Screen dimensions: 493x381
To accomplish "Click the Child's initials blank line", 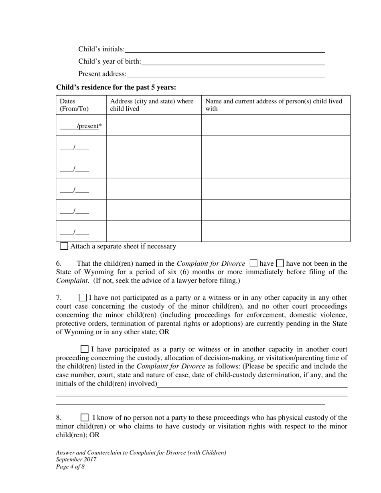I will [x=225, y=49].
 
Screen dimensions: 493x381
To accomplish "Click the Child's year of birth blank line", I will [x=233, y=62].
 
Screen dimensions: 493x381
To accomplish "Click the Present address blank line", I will [x=225, y=74].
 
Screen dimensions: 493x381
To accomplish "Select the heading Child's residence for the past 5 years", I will [x=116, y=87].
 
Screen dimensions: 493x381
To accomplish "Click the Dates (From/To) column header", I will [x=74, y=105].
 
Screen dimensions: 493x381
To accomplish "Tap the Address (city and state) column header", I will [x=152, y=105].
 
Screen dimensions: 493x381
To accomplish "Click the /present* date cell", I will [x=81, y=126].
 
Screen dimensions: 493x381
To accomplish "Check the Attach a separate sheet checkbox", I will [x=64, y=246].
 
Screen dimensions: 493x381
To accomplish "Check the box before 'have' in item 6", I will [x=253, y=263].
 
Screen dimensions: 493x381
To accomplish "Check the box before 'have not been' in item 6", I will [x=280, y=263].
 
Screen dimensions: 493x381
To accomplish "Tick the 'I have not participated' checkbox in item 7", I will [x=83, y=297].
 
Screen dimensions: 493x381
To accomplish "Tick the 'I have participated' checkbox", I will [x=85, y=349].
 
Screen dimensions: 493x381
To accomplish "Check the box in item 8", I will [x=85, y=417].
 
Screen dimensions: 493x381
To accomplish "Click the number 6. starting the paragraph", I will [x=59, y=264].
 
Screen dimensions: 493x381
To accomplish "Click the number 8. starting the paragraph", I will [x=59, y=418].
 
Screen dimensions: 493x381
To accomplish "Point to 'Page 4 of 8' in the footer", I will [x=70, y=467].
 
